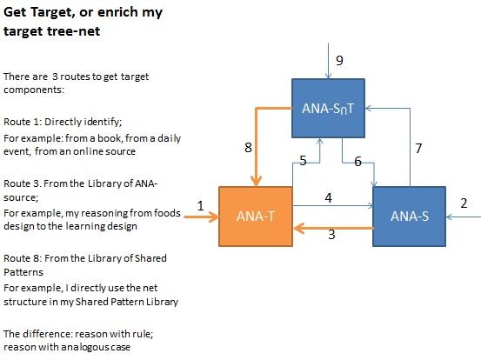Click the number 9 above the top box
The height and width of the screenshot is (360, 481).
point(340,60)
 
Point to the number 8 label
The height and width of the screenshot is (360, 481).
point(248,148)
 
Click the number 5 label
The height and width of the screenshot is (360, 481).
point(304,160)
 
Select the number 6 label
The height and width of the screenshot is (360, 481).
point(357,162)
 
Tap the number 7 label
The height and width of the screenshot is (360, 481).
point(418,148)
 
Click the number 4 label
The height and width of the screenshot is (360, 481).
point(328,197)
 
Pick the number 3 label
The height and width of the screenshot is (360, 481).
point(331,235)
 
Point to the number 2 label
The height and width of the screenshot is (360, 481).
point(463,203)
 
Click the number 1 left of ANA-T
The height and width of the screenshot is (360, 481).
point(200,205)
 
